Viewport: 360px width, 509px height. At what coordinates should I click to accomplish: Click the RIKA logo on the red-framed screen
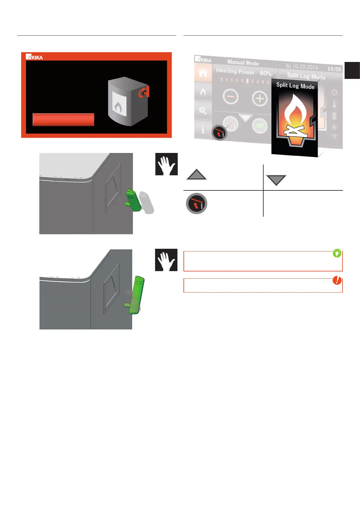(34, 57)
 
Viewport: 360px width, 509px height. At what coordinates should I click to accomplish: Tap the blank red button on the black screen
(63, 120)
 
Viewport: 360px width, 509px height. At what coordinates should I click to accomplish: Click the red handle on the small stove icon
(144, 92)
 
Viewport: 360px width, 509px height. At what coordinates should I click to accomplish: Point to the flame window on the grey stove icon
(119, 104)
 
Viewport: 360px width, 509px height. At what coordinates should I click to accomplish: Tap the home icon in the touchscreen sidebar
(203, 73)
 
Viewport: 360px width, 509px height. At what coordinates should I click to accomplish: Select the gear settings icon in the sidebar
(203, 111)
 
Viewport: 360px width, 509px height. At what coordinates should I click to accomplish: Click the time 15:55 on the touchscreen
(334, 69)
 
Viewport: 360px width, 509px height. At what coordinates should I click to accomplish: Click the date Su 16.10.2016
(302, 66)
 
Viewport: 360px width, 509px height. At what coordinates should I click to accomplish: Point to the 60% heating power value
(265, 73)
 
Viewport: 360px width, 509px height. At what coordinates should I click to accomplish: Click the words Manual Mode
(243, 63)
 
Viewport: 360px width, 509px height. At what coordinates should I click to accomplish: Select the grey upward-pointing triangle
(197, 175)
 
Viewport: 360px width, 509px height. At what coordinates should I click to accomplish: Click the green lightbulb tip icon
(337, 253)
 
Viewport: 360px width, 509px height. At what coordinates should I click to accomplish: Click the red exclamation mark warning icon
(337, 280)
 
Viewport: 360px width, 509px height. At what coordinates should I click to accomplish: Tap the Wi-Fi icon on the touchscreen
(334, 137)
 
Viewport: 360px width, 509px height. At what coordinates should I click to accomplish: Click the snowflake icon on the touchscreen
(334, 127)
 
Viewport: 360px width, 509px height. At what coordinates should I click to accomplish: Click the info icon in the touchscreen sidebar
(203, 130)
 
